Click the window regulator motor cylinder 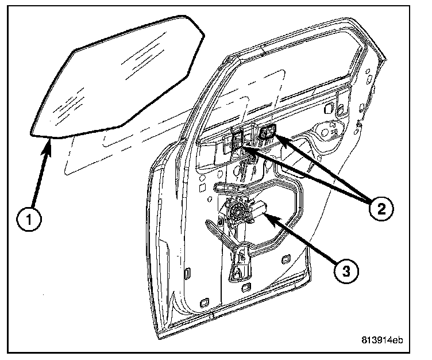[257, 210]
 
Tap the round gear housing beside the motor [237, 212]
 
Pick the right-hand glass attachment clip [267, 133]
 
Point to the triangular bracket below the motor [238, 269]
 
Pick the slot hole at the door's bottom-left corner [203, 301]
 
